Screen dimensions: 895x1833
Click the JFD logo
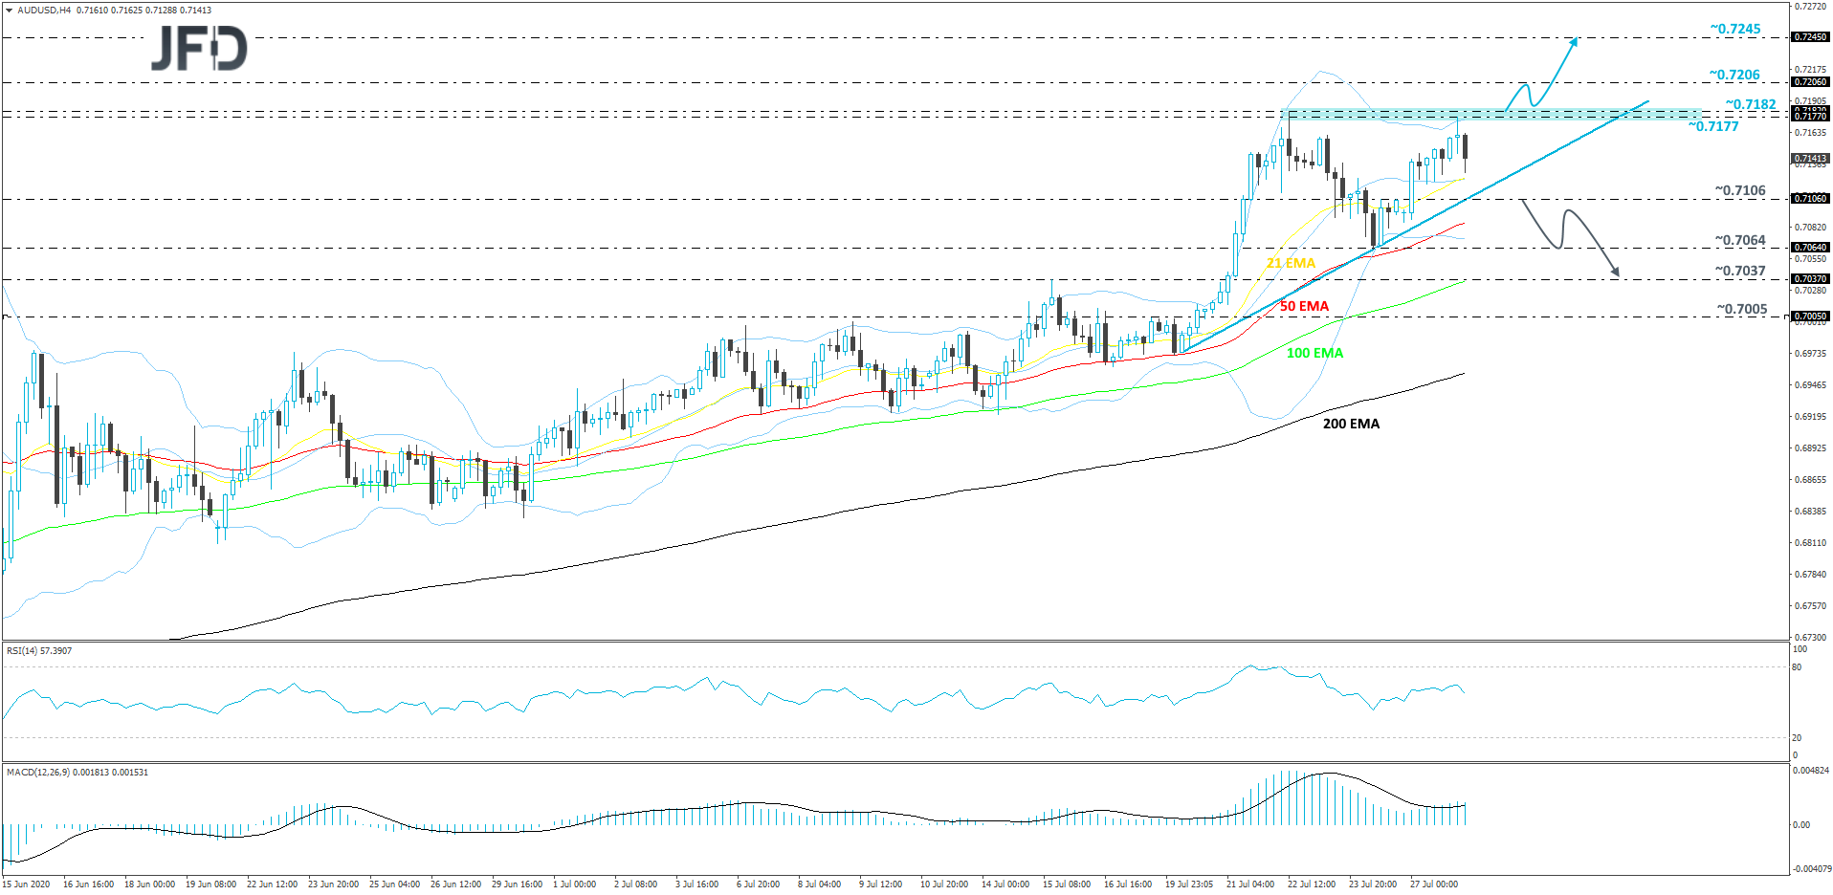199,48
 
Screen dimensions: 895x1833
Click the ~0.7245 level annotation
1735,30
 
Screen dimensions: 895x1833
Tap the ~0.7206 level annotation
1734,76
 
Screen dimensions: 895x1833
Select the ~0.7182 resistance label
1751,105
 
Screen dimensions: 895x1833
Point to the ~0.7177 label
1713,127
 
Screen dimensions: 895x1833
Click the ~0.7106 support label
1740,191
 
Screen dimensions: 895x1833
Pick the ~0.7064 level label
1740,241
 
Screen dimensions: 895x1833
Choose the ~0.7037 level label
1740,272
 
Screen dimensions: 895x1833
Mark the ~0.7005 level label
1742,310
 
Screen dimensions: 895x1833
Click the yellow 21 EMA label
1291,263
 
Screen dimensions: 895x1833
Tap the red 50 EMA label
1304,307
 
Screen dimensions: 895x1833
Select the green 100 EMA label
1314,354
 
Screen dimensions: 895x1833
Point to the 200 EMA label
1351,425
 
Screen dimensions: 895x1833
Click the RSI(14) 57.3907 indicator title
39,651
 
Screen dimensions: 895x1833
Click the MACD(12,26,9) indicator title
77,773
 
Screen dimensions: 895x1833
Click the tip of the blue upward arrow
1577,39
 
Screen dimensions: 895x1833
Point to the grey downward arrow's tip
1618,275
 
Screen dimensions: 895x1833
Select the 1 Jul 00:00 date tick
574,884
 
